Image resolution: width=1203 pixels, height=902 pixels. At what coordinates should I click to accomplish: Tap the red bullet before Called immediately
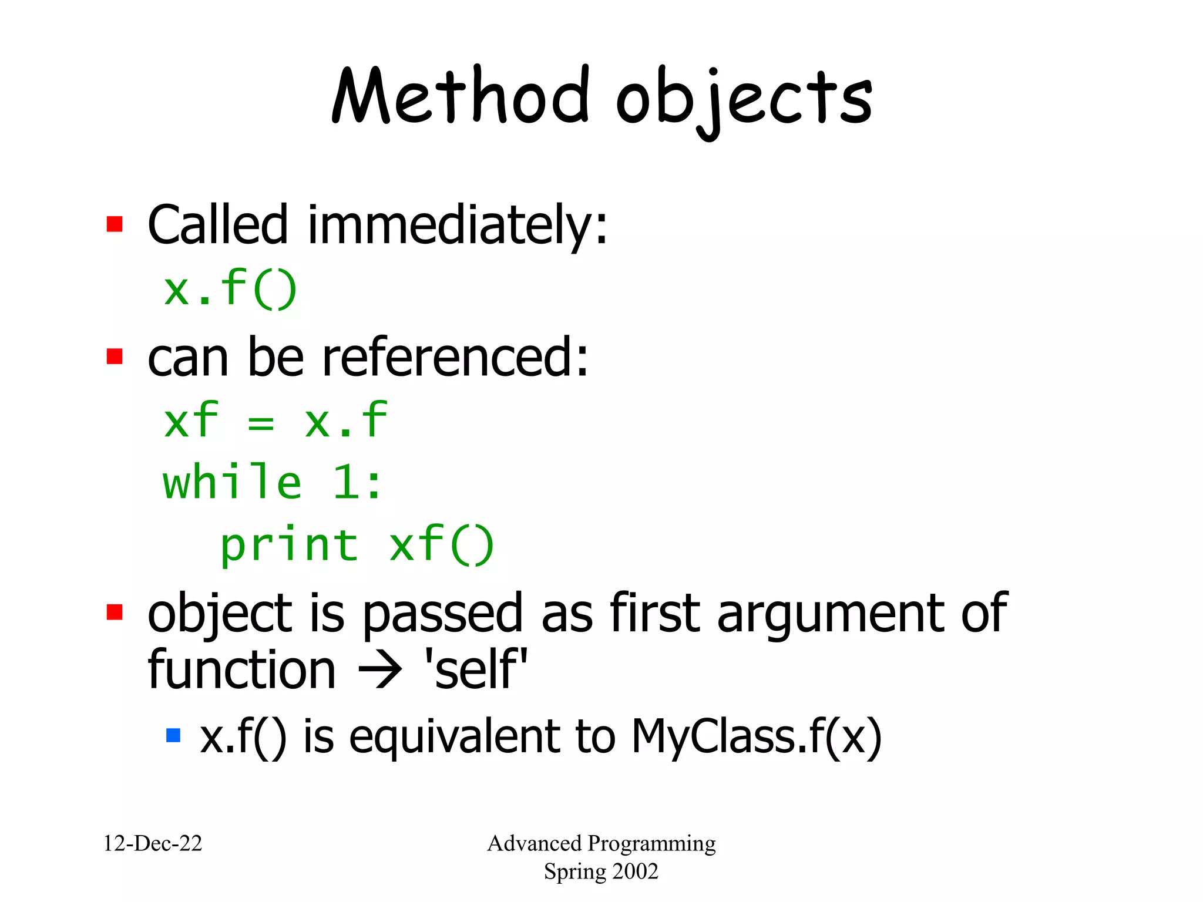point(115,224)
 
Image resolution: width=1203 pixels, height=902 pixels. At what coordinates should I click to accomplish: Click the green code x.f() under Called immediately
point(230,289)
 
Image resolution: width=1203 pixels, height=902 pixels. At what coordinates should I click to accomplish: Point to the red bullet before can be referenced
point(115,356)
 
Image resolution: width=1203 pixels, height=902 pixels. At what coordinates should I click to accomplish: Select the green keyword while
point(232,483)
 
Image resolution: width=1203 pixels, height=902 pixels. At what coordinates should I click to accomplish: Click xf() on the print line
point(442,545)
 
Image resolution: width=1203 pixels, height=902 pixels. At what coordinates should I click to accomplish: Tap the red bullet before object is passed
point(115,612)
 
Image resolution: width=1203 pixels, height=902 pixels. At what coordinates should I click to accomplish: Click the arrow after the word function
point(381,671)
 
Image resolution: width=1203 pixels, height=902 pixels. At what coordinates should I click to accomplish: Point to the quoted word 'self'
point(476,671)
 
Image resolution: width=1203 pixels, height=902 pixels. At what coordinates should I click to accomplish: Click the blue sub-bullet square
point(173,735)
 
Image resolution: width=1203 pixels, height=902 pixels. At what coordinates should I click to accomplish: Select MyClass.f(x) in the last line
point(757,736)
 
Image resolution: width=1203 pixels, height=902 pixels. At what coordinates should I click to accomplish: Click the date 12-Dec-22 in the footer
point(153,844)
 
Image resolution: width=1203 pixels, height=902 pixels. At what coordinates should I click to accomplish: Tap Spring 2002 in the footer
point(601,871)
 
